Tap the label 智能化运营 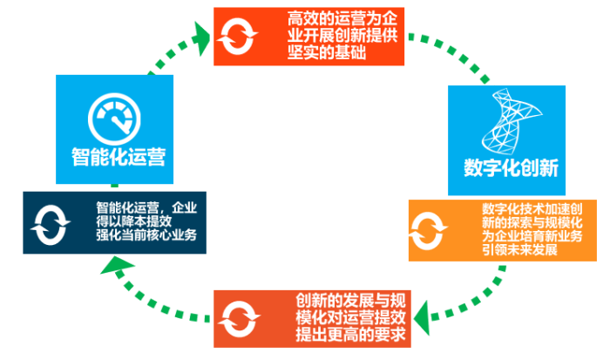[x=119, y=157]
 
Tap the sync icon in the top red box [x=237, y=36]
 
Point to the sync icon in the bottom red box [x=238, y=316]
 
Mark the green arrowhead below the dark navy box [x=109, y=265]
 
